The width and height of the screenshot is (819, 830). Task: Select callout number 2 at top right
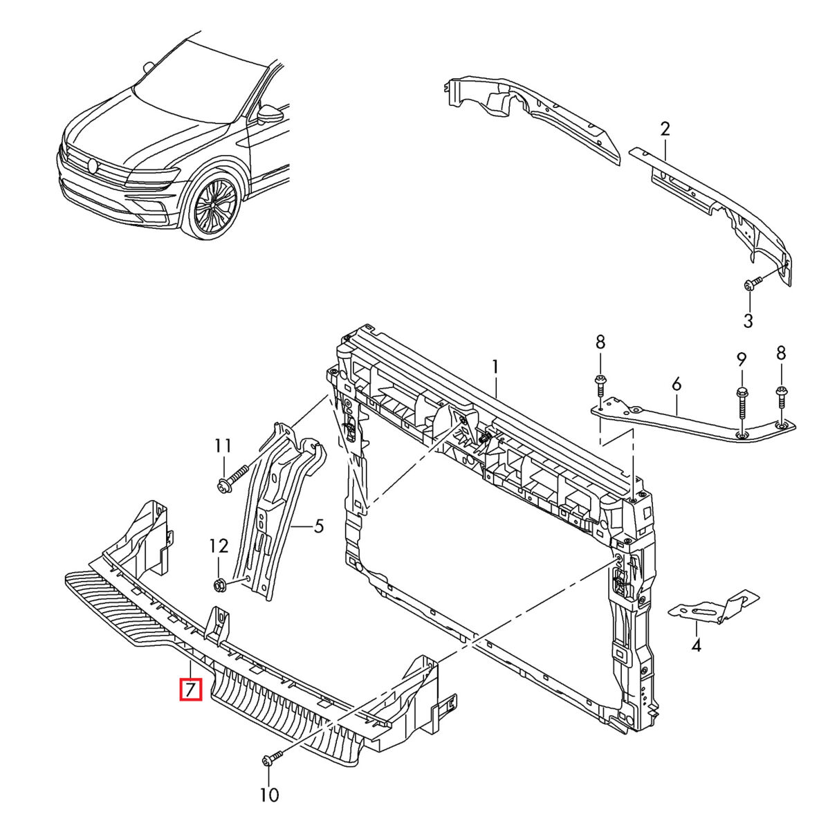[665, 129]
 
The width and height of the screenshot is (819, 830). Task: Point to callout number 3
[748, 320]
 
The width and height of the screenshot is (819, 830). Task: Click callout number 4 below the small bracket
[696, 645]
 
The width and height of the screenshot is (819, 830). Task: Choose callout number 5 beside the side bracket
[318, 526]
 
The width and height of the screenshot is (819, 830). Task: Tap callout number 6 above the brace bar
[676, 384]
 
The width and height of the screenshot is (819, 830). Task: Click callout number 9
[742, 360]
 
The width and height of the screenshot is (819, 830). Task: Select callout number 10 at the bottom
[270, 795]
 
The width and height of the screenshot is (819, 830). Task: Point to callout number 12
[219, 546]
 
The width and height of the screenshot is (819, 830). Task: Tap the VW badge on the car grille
[93, 165]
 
